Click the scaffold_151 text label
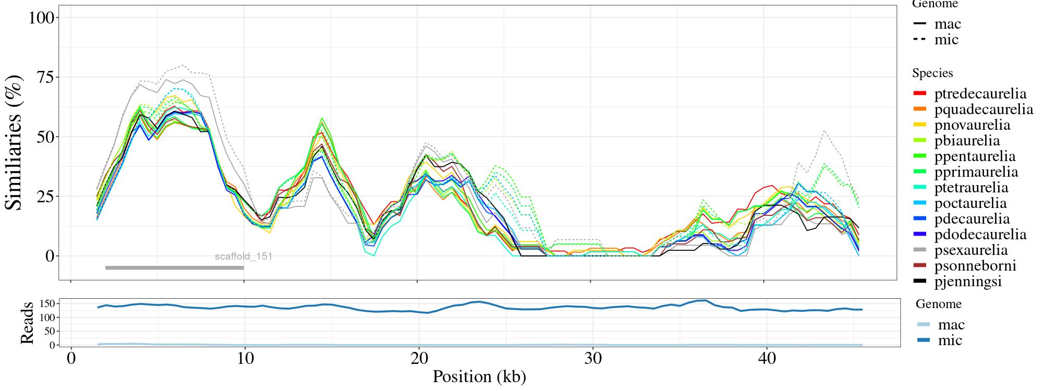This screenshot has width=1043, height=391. point(244,256)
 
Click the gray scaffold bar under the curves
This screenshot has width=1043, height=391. point(174,268)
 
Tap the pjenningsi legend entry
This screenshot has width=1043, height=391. point(968,282)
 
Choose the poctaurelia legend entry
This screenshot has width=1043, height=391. point(970,203)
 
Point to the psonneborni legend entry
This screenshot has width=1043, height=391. point(975,266)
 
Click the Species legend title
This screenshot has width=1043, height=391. point(932,73)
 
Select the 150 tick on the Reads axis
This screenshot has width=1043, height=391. point(47,303)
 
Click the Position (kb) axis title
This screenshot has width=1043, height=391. point(479,376)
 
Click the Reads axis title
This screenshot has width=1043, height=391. point(27,323)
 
